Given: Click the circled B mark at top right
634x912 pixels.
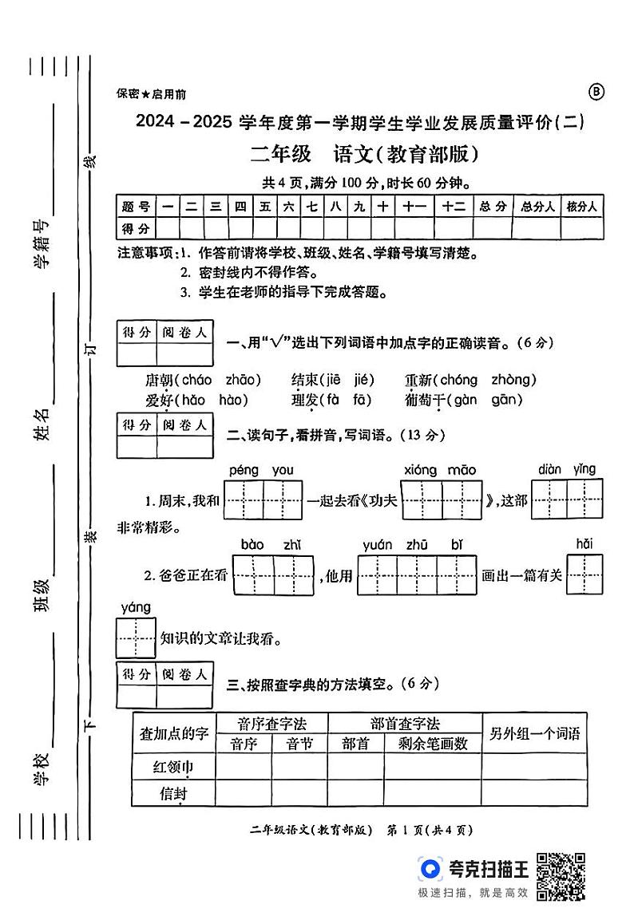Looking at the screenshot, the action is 596,92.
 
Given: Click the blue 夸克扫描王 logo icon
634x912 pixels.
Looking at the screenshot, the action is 432,869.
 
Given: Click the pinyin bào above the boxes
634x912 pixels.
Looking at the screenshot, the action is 252,545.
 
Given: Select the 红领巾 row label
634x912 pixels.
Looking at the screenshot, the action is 173,767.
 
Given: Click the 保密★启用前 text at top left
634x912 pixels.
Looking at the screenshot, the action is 151,94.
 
